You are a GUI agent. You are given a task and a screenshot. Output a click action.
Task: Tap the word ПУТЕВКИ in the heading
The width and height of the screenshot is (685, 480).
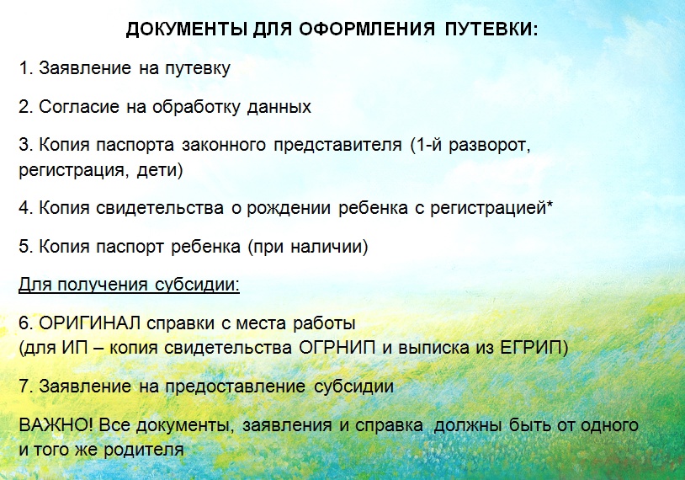click(492, 29)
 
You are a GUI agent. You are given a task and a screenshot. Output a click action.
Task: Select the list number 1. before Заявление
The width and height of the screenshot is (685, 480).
click(26, 67)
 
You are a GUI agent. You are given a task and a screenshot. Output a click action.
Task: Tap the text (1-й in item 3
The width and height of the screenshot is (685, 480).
click(425, 145)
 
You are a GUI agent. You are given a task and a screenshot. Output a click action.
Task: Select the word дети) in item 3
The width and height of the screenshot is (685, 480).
click(159, 170)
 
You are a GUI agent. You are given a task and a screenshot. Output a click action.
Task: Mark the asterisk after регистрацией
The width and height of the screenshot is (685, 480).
click(550, 203)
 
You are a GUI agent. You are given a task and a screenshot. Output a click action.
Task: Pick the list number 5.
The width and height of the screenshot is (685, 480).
click(26, 247)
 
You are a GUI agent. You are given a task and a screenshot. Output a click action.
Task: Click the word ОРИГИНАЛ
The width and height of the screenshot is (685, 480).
click(90, 323)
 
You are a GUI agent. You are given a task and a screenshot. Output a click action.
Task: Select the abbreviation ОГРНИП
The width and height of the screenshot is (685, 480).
click(337, 348)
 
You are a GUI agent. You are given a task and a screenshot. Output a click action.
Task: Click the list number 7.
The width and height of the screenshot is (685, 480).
click(26, 387)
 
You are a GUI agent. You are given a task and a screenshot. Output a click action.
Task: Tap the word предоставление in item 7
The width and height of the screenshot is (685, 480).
click(235, 387)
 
